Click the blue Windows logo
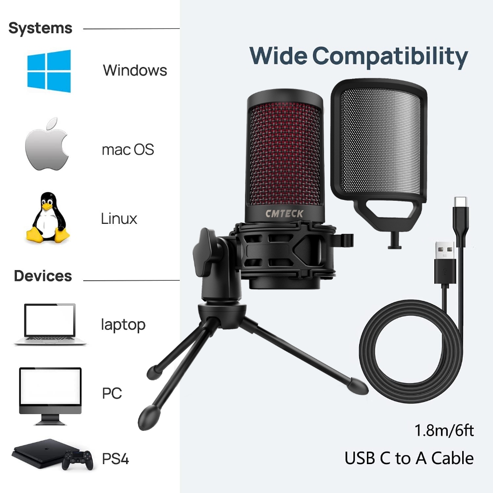pyautogui.click(x=49, y=71)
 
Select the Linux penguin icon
pyautogui.click(x=47, y=218)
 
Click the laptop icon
pyautogui.click(x=50, y=324)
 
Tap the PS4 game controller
pyautogui.click(x=77, y=459)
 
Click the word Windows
pyautogui.click(x=135, y=70)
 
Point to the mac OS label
pyautogui.click(x=128, y=149)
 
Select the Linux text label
pyautogui.click(x=119, y=219)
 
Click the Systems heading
pyautogui.click(x=40, y=28)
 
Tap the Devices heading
pyautogui.click(x=43, y=276)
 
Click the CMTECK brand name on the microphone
pyautogui.click(x=284, y=213)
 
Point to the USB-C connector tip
pyautogui.click(x=461, y=201)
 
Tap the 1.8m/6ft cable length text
pyautogui.click(x=444, y=430)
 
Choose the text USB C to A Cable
pyautogui.click(x=409, y=458)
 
